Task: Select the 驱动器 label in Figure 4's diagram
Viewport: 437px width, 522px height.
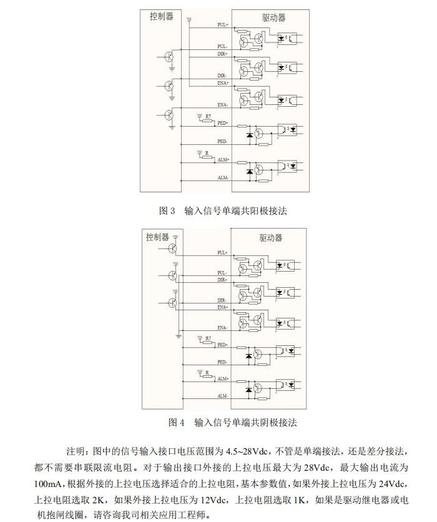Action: coord(271,238)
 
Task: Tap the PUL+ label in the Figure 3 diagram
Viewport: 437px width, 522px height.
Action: coord(223,25)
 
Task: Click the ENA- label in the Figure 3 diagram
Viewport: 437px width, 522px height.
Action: coord(222,105)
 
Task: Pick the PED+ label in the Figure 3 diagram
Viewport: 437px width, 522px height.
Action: coord(223,123)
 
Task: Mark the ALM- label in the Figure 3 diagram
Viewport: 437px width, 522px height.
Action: coord(223,178)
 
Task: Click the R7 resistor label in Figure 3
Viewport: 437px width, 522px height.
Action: coord(209,116)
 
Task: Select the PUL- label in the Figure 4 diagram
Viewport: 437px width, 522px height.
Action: coord(222,273)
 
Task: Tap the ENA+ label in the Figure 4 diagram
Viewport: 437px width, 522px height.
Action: coord(223,307)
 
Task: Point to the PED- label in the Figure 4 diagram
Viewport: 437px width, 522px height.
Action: coord(222,362)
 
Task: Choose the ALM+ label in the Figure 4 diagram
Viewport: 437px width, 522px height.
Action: coord(223,378)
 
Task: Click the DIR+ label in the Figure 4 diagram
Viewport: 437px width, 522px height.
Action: coord(223,280)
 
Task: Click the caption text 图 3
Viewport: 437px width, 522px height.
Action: coord(167,211)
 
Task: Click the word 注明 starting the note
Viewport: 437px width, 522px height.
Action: coord(77,451)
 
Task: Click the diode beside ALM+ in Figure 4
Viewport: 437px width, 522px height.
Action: coord(249,390)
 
